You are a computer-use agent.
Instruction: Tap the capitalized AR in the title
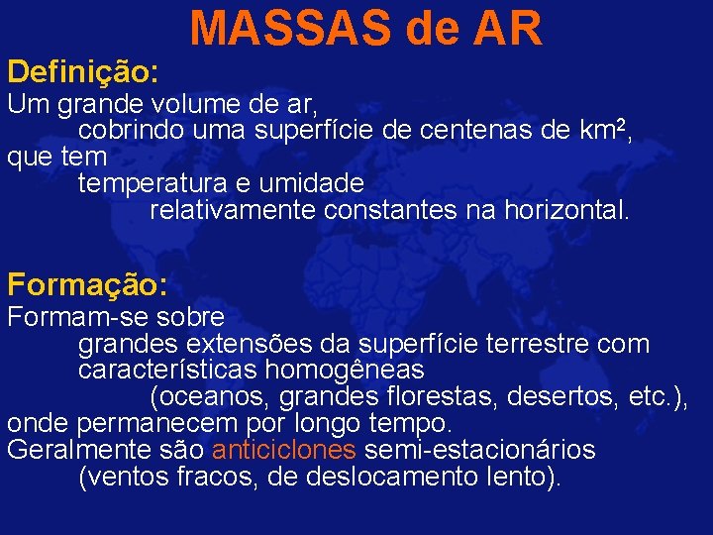click(x=507, y=29)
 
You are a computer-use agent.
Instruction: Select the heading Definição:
click(x=82, y=70)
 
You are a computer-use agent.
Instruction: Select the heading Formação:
click(x=87, y=285)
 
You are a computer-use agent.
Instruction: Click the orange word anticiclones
click(x=284, y=450)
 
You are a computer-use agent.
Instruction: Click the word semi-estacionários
click(x=480, y=450)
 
